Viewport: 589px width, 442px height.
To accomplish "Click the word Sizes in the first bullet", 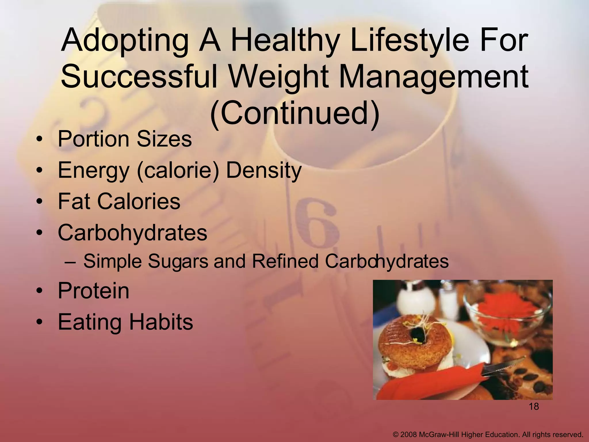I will coord(164,139).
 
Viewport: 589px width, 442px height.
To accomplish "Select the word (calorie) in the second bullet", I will coord(178,171).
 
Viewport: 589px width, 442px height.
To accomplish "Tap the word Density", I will coord(263,171).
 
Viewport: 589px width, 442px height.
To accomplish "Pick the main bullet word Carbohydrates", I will coord(132,233).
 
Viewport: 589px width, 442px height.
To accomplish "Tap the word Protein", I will coord(93,291).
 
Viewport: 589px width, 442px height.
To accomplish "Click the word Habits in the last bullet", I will coord(161,322).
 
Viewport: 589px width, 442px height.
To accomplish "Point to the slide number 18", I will coord(533,407).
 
